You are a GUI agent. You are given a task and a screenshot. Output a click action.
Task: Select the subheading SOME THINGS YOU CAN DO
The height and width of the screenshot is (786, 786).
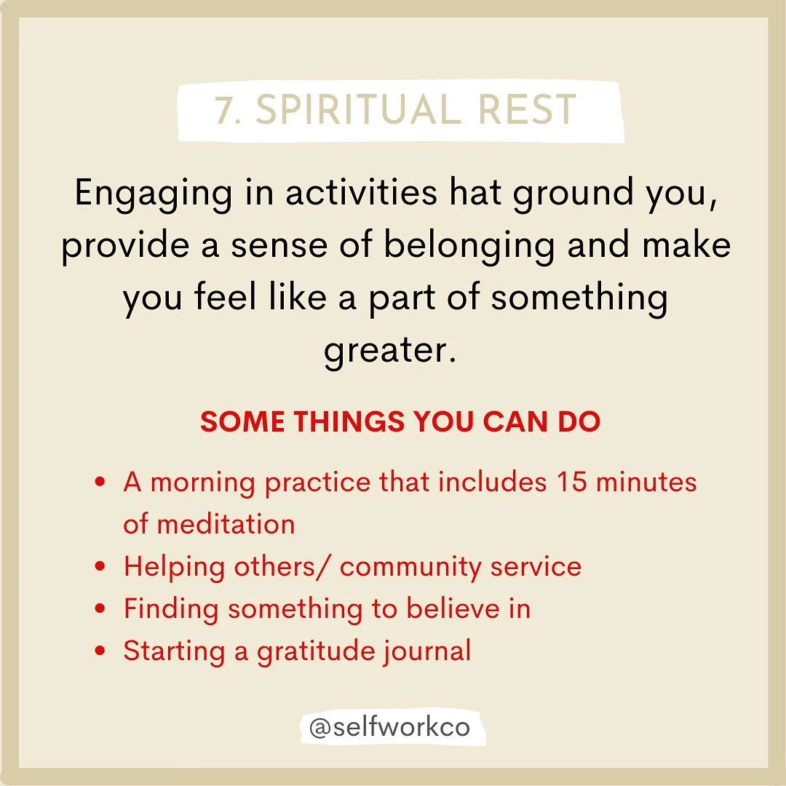pos(400,423)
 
